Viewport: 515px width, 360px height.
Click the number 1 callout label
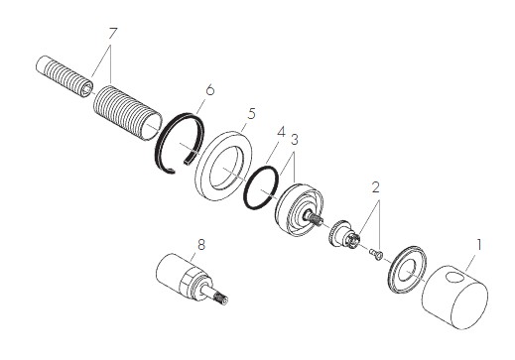coord(479,242)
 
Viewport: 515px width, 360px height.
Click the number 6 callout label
coord(209,89)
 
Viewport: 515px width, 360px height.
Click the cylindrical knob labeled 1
coord(457,299)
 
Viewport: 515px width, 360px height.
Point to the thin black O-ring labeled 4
coord(262,185)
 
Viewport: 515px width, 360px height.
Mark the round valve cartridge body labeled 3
coord(297,212)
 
